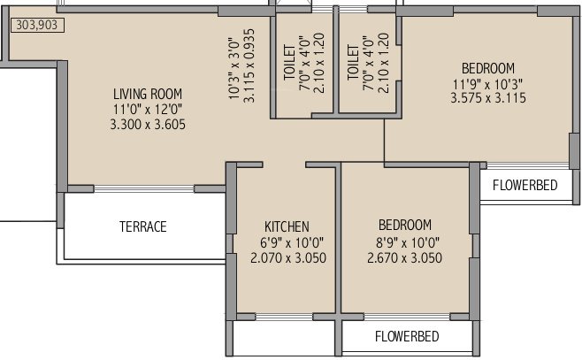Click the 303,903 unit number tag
[36, 27]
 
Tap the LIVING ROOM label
[148, 94]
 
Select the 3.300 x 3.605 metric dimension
[148, 125]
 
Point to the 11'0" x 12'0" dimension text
[148, 110]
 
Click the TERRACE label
[143, 226]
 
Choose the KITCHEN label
[287, 226]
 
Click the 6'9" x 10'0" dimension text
[287, 241]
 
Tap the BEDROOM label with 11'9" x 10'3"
[488, 68]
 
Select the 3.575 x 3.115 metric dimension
[488, 100]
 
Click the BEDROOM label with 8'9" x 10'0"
[404, 225]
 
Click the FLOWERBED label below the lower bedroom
[407, 337]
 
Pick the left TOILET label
[289, 60]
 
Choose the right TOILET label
[354, 60]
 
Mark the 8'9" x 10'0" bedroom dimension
[404, 241]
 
